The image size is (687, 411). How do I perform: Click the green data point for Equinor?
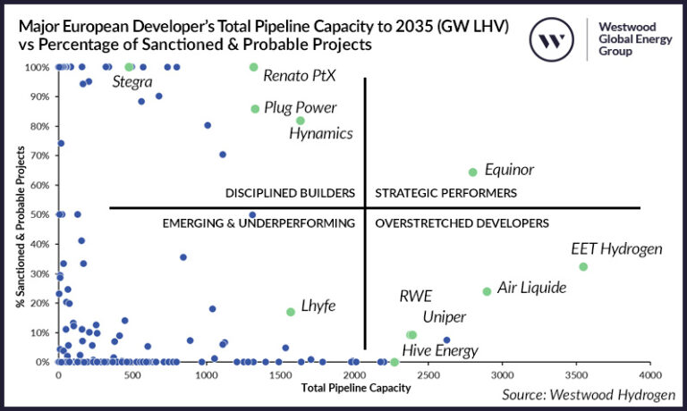coord(473,172)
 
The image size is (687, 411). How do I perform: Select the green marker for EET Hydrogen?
coord(583,267)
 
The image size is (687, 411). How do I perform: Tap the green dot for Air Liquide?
coord(487,291)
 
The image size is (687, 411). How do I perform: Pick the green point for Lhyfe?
coord(291,312)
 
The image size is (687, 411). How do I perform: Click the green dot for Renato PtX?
coord(254,67)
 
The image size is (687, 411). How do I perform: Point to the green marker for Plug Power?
coord(255,109)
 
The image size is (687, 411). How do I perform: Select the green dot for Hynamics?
coord(301,121)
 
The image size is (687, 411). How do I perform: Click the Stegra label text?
coord(133,82)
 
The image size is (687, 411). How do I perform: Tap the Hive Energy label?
coord(439,351)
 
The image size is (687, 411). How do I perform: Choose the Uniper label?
coord(445,317)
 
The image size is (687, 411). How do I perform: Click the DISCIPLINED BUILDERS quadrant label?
coord(291,194)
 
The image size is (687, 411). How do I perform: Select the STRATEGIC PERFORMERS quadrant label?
coord(445,194)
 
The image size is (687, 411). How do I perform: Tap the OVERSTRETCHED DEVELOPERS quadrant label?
coord(462,223)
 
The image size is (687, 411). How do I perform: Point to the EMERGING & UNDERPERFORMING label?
coord(259,223)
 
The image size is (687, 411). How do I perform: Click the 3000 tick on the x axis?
coord(503,375)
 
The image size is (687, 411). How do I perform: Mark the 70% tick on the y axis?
coord(38,155)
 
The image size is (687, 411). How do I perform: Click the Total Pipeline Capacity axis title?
coord(355,388)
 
